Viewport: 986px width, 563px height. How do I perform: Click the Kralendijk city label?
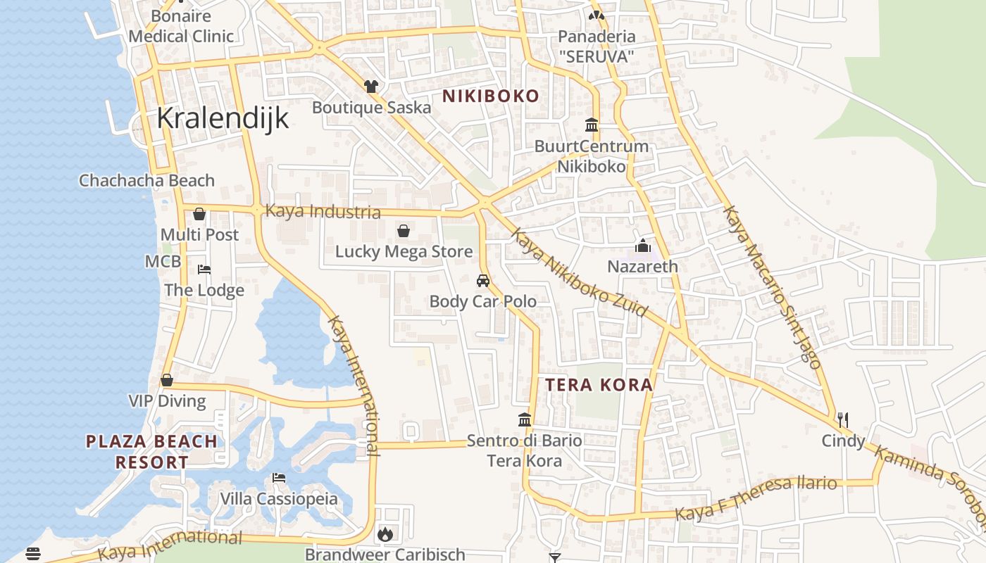[223, 118]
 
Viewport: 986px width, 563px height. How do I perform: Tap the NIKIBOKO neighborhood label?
[491, 96]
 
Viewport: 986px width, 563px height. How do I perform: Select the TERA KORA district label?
[599, 385]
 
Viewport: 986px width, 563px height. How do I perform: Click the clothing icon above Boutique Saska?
[371, 87]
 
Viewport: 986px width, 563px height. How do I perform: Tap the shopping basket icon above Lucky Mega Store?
[404, 231]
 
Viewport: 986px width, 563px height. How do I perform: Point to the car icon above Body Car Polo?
[483, 281]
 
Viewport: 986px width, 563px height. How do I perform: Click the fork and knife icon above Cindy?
[843, 420]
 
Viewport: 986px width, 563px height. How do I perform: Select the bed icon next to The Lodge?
[204, 270]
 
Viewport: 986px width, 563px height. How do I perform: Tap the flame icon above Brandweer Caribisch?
[385, 534]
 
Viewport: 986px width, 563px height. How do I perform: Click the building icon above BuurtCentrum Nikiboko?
[592, 125]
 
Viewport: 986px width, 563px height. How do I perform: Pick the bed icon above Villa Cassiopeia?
[279, 478]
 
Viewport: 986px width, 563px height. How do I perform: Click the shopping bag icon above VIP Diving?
[167, 381]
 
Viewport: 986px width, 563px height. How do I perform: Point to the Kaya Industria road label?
[323, 211]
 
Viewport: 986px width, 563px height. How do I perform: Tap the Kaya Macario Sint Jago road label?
[773, 287]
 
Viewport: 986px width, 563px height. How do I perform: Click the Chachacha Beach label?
[146, 180]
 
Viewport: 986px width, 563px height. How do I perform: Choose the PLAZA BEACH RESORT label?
[152, 452]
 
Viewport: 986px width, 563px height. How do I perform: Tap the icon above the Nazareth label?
[642, 246]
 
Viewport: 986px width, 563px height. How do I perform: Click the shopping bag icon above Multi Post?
[199, 214]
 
